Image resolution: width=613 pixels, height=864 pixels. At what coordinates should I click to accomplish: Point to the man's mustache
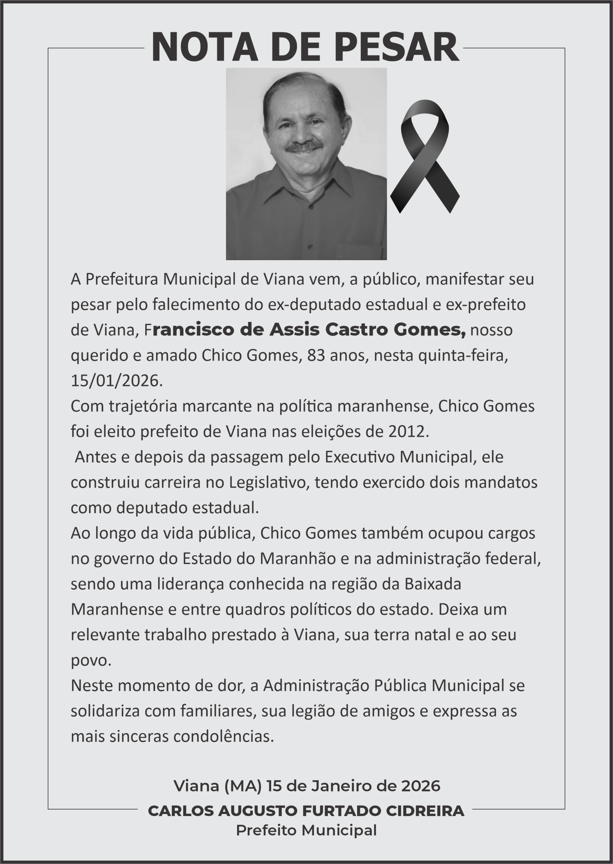(304, 146)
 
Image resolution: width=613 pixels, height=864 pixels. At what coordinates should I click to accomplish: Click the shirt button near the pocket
(310, 247)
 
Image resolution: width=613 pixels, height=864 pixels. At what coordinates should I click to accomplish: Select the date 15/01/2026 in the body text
(117, 381)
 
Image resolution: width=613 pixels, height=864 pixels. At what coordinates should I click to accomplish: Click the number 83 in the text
(316, 356)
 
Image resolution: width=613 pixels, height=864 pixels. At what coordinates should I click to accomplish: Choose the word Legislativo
(269, 482)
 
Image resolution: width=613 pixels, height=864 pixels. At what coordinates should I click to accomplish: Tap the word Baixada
(433, 584)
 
